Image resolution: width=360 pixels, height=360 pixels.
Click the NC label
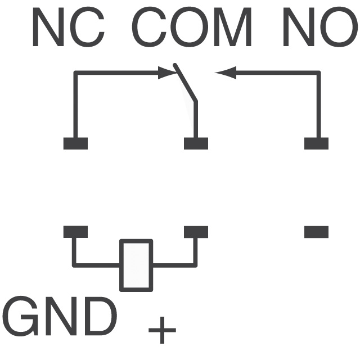point(67,28)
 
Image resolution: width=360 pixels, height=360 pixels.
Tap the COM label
point(192,28)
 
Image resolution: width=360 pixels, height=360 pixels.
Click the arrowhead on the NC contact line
point(166,73)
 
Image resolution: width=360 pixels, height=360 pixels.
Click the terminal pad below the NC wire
point(75,143)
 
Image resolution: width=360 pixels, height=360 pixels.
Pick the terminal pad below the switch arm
point(196,143)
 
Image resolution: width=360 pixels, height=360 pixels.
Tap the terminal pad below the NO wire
point(316,143)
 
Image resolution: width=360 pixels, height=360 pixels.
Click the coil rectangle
point(136,265)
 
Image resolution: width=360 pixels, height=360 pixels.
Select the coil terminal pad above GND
point(75,232)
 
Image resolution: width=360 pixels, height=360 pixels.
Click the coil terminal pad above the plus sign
point(196,232)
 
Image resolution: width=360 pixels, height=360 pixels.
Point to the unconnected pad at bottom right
point(316,232)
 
